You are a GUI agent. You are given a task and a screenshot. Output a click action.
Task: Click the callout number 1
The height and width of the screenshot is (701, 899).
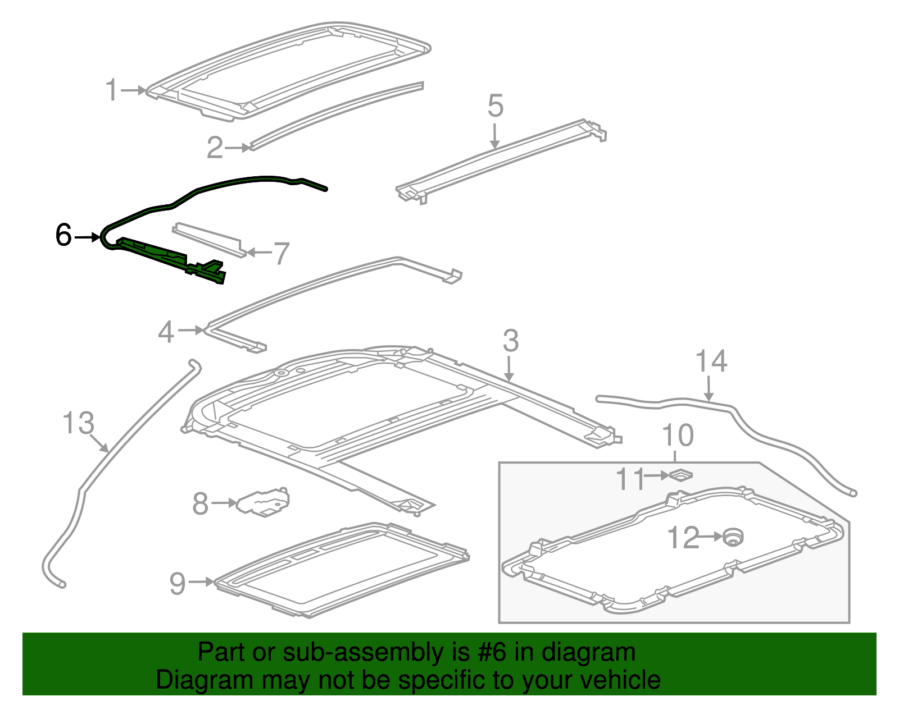coord(112,90)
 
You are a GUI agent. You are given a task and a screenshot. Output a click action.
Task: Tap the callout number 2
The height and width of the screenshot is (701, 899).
coord(215,148)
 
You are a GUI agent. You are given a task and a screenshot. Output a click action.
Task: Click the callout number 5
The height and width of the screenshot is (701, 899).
coord(495,106)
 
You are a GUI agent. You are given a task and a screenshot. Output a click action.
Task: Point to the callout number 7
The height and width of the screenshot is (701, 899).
coord(281,253)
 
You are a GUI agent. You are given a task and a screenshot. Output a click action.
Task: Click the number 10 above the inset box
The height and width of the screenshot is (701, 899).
coord(678,435)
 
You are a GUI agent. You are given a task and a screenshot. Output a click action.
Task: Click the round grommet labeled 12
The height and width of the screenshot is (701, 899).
coord(732,537)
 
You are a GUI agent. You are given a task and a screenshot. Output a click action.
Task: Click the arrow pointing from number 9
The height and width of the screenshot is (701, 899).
coord(201,582)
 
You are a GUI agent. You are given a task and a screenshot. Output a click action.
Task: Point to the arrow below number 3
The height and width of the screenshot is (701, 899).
coord(509,370)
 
